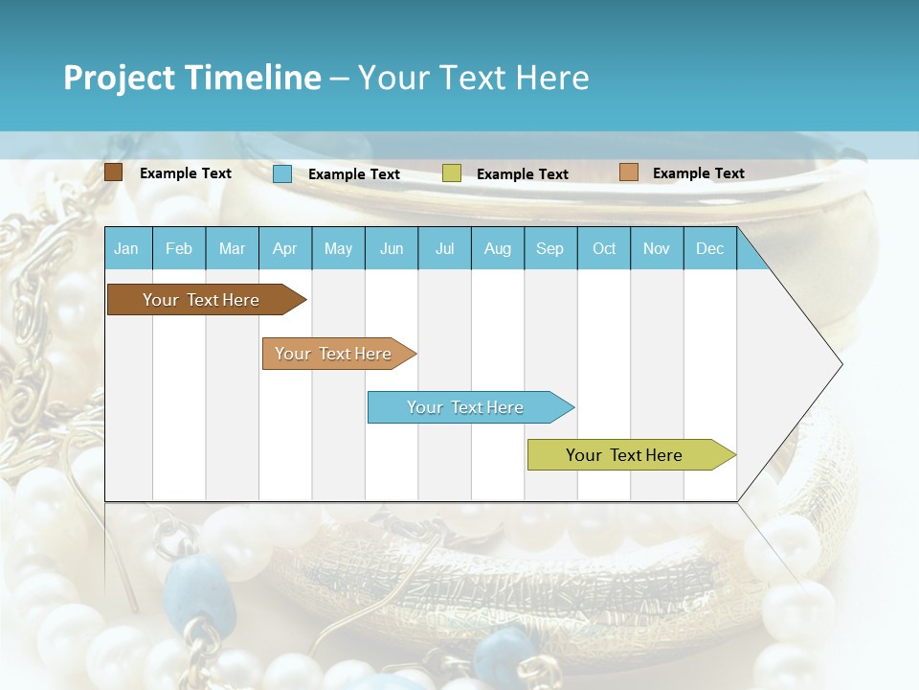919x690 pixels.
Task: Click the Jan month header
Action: click(x=126, y=248)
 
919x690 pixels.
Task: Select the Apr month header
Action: click(x=284, y=248)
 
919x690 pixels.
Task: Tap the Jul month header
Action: click(x=444, y=248)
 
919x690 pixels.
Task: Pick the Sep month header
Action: click(x=549, y=248)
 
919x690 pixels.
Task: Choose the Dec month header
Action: click(x=709, y=248)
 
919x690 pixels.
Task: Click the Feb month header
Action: click(x=179, y=248)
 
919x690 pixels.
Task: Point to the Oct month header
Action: click(x=604, y=248)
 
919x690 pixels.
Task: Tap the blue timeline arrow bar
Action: click(x=466, y=407)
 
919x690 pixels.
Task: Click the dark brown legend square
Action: click(x=113, y=172)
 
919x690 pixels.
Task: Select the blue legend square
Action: click(x=282, y=173)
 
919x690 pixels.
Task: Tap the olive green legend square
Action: click(x=452, y=173)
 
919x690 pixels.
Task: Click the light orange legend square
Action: click(x=628, y=172)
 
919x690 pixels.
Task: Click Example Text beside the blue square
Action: click(x=354, y=174)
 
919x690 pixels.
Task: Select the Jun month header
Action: click(x=392, y=248)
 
